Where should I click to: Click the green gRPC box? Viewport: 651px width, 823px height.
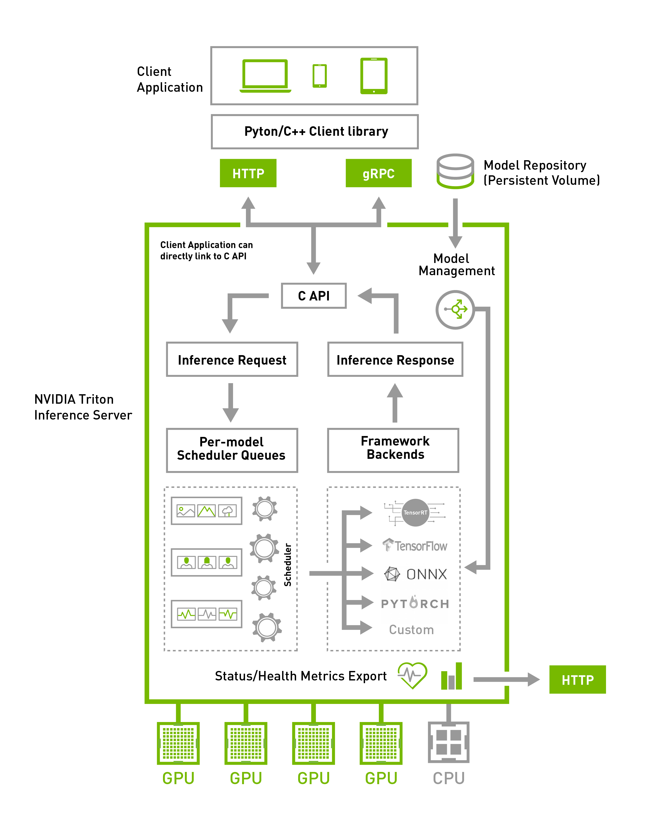[x=378, y=173]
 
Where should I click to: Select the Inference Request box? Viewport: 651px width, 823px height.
[x=232, y=359]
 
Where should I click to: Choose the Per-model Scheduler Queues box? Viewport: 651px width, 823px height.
[x=232, y=450]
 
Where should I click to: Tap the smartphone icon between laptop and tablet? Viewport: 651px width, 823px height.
[x=319, y=75]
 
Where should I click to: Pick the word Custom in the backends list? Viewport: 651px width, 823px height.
[x=411, y=630]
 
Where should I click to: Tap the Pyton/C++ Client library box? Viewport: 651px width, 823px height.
[x=315, y=132]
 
